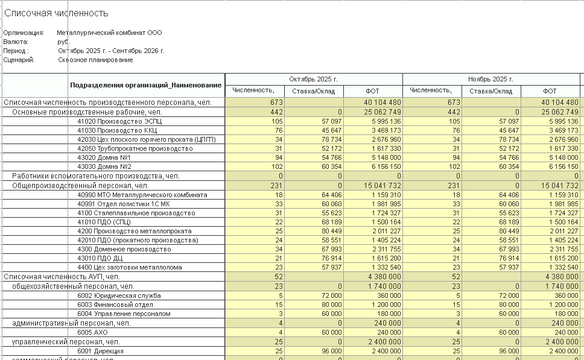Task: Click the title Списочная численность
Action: [x=57, y=13]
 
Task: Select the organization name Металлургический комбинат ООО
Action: [x=109, y=33]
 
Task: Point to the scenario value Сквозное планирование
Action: [x=95, y=60]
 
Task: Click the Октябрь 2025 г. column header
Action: [x=313, y=79]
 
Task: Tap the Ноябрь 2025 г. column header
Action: [x=490, y=79]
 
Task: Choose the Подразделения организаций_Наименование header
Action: [x=145, y=85]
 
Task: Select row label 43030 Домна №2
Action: [x=104, y=166]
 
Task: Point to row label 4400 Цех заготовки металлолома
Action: [x=129, y=267]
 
